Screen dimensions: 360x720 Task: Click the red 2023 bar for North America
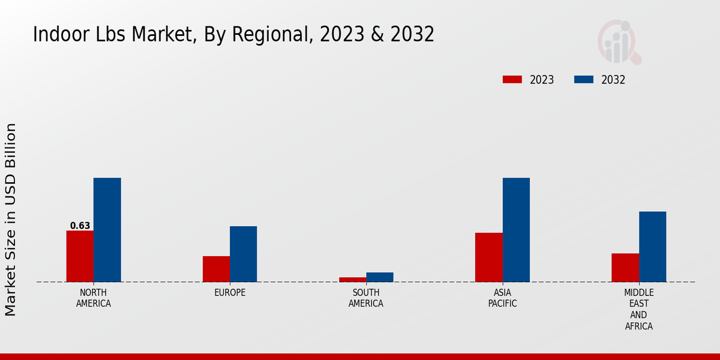pos(80,256)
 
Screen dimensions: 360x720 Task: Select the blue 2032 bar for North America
pos(107,230)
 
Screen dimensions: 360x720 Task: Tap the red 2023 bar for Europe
pos(216,269)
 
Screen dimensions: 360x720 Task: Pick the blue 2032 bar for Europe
pos(244,254)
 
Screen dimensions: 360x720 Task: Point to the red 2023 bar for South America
pos(352,280)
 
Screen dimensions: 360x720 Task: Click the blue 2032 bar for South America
pos(380,277)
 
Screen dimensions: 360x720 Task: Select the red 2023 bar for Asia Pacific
pos(489,257)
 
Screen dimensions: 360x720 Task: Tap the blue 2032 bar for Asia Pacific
pos(516,230)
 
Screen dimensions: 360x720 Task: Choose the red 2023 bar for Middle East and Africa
pos(625,268)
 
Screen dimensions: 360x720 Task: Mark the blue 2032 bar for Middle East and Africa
pos(652,247)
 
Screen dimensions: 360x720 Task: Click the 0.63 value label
pos(80,226)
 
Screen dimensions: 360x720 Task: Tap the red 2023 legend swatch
pos(512,80)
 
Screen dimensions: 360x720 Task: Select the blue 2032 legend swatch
pos(584,80)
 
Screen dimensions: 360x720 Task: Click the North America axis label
pos(94,298)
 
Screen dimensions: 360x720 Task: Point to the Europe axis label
pos(230,293)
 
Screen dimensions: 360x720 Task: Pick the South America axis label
pos(366,298)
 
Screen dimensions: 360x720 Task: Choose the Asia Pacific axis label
pos(503,298)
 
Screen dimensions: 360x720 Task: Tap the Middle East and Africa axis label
pos(639,310)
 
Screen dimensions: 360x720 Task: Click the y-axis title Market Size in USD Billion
pos(11,220)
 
